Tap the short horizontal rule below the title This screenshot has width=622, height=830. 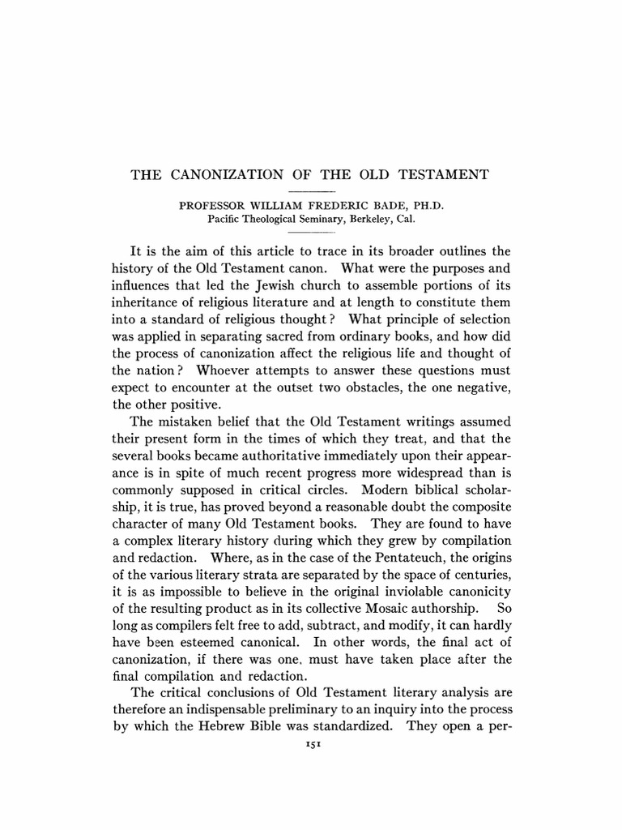312,190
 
